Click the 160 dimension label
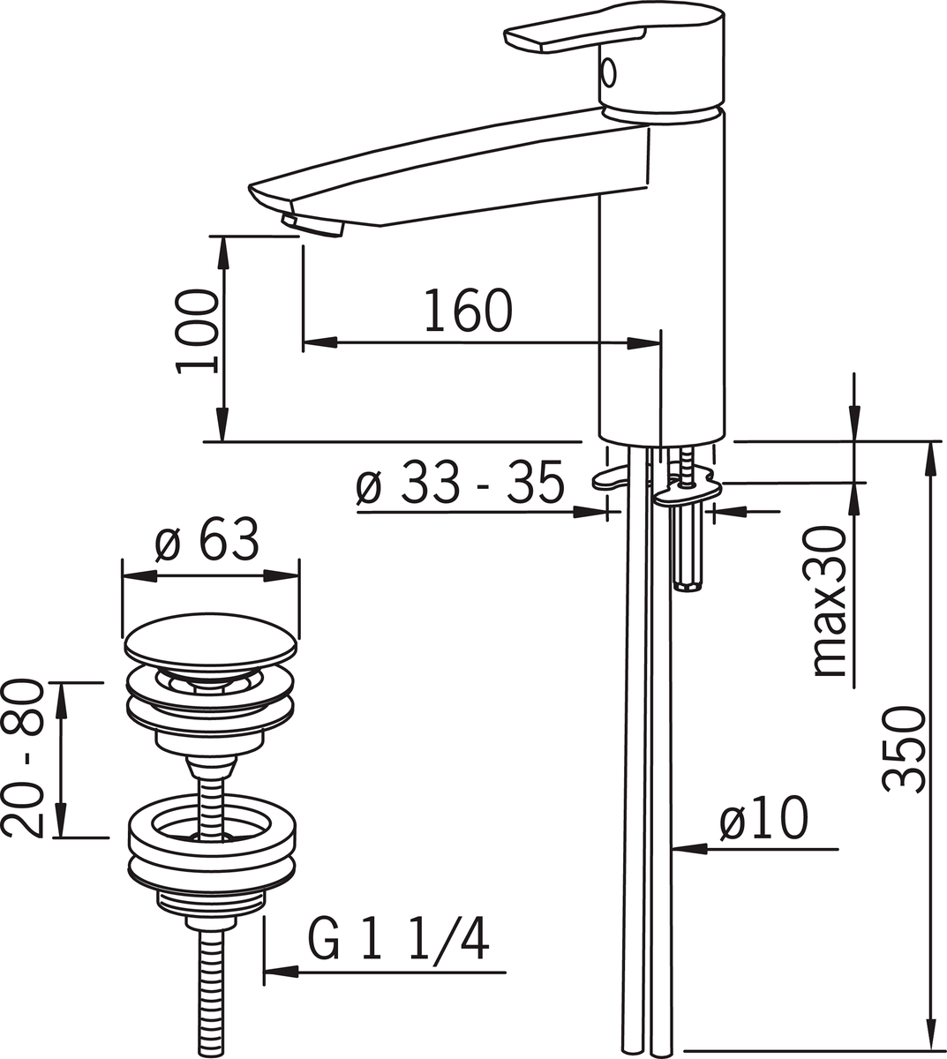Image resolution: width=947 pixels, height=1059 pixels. [468, 310]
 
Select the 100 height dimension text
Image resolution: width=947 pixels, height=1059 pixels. [197, 332]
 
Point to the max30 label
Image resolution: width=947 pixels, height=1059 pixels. [831, 601]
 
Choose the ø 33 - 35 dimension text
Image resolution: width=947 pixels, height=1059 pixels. [459, 482]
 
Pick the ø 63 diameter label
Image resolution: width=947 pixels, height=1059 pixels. [207, 539]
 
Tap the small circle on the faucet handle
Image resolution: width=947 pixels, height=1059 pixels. [608, 72]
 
